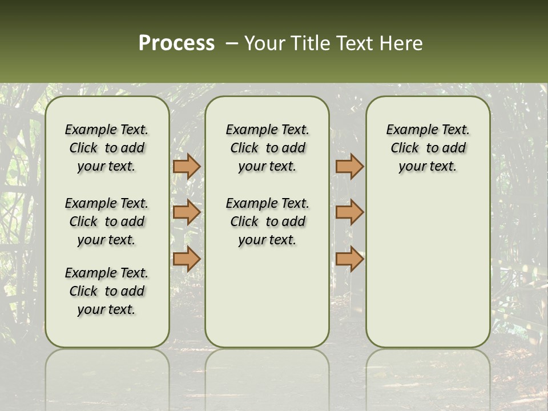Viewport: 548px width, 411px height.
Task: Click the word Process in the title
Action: pos(176,43)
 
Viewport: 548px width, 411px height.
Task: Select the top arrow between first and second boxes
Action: pos(187,166)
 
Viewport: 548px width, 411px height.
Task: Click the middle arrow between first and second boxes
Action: pos(187,212)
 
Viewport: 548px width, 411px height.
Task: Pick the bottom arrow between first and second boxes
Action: pos(187,259)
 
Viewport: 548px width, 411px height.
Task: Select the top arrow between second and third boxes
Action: pos(349,166)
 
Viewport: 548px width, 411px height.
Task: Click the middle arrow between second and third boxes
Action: pos(349,212)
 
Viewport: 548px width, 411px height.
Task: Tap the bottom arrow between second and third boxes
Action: pos(349,259)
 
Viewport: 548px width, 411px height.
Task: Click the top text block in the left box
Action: pos(107,148)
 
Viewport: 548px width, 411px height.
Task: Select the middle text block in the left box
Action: pos(107,221)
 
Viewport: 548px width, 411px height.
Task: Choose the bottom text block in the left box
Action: pos(107,291)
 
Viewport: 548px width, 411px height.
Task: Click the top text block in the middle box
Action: pos(267,148)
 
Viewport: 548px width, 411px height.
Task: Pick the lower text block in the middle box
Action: pos(267,221)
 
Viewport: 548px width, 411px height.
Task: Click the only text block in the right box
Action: pos(428,148)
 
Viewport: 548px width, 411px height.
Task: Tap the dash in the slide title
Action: pos(232,43)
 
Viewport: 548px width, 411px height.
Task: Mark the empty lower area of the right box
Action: pos(428,263)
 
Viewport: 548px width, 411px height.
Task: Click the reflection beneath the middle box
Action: pos(267,371)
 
